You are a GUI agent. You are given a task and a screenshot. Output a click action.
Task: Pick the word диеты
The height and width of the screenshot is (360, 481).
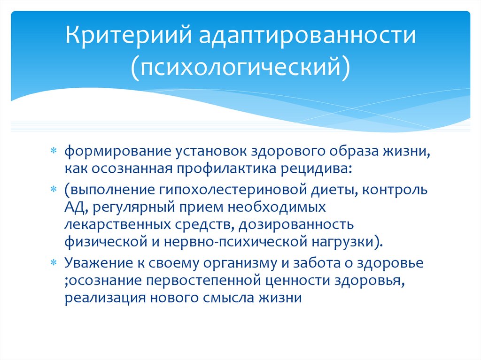coord(338,190)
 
